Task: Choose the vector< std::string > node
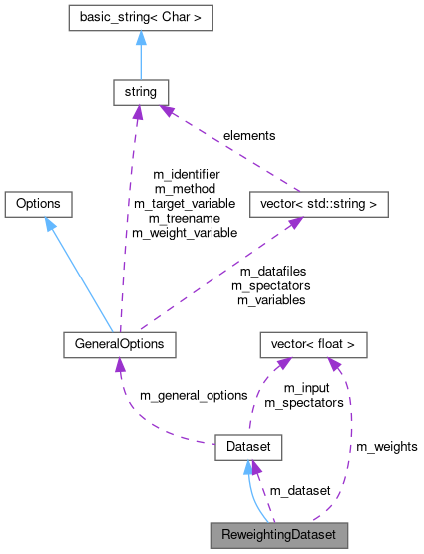pos(317,204)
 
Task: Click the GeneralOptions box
pos(119,344)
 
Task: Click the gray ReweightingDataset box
pos(278,535)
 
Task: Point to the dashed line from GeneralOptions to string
pos(127,220)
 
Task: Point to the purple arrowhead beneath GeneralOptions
pos(120,366)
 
